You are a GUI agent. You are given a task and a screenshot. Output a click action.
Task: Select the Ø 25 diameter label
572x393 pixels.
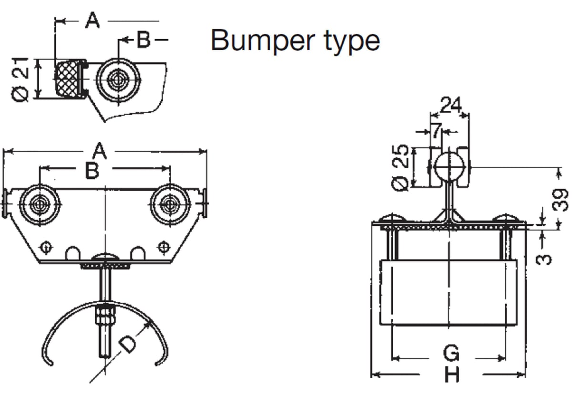tap(401, 168)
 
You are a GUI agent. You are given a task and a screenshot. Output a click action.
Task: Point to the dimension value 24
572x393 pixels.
tap(450, 105)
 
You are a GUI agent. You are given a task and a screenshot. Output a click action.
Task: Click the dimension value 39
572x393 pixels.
tap(562, 198)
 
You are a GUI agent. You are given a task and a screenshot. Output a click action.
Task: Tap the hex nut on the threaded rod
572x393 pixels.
tap(105, 315)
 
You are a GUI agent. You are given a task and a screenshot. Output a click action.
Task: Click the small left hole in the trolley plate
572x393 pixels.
tap(46, 247)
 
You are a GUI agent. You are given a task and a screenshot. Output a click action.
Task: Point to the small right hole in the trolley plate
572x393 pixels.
tap(163, 247)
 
